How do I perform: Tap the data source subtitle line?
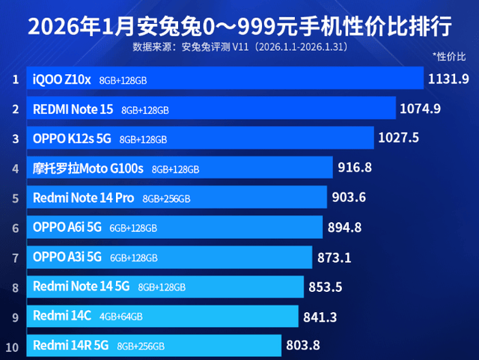[x=239, y=46]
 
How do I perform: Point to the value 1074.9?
[x=421, y=109]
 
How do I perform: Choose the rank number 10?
[x=13, y=347]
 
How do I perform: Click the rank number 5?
[x=14, y=198]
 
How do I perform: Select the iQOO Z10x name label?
[x=62, y=79]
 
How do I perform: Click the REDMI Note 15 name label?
[x=73, y=109]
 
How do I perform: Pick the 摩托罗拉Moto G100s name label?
[x=88, y=168]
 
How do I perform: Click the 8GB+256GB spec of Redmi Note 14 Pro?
[x=167, y=199]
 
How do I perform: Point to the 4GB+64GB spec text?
[x=120, y=317]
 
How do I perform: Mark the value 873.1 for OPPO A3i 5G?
[x=335, y=257]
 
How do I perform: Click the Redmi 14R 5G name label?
[x=71, y=346]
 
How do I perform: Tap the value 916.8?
[x=355, y=168]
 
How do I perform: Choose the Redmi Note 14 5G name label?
[x=82, y=286]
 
